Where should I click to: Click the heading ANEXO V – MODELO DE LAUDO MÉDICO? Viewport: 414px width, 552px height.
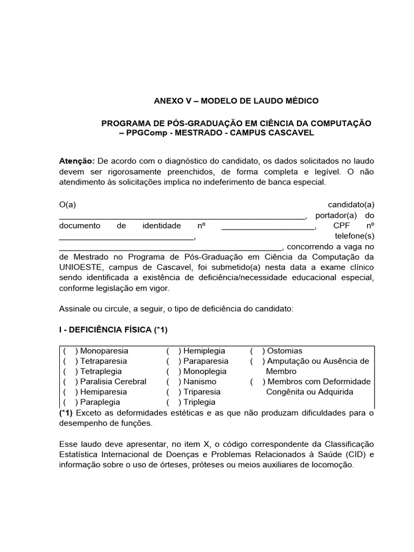coord(236,101)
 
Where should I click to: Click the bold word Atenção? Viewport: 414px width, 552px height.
coord(76,162)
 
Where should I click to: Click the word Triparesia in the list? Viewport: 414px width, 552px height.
coord(202,392)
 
